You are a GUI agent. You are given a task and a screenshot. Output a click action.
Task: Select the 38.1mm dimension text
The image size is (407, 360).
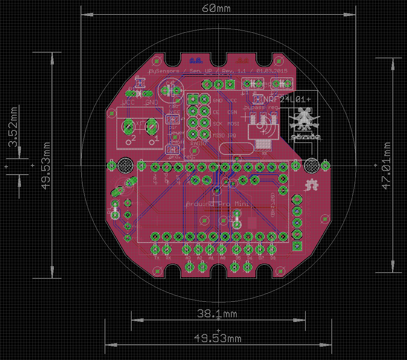(x=217, y=314)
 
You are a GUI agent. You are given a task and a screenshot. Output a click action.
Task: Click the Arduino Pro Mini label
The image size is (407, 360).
(x=217, y=204)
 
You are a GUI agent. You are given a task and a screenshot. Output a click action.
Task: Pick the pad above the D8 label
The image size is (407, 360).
(x=272, y=249)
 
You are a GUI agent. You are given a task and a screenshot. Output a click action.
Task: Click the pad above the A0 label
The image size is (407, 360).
(x=222, y=249)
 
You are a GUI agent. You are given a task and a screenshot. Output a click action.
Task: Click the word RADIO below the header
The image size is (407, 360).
(x=198, y=143)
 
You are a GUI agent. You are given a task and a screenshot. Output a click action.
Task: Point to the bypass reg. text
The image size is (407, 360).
(x=262, y=108)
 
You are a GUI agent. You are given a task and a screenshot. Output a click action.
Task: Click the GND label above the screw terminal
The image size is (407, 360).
(x=152, y=103)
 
